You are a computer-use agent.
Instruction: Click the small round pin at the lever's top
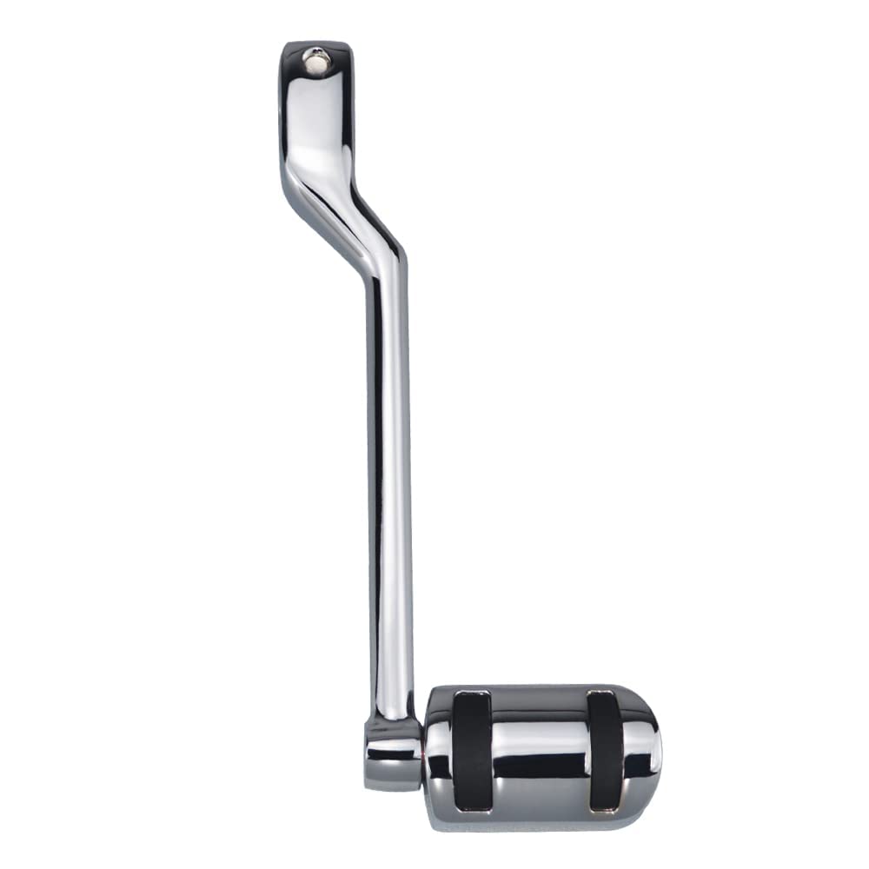tap(315, 58)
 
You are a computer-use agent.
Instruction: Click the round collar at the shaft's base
tap(392, 752)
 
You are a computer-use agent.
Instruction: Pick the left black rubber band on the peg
tap(472, 752)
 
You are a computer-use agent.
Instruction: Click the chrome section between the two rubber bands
tap(539, 739)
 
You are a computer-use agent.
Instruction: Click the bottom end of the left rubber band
tap(472, 806)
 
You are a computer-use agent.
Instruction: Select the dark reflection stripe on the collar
tap(392, 756)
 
